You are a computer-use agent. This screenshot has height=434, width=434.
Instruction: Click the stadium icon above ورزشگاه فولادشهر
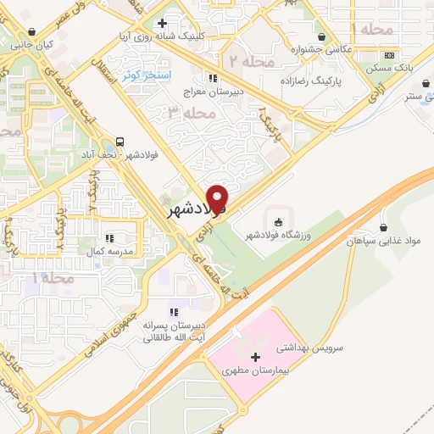point(279,221)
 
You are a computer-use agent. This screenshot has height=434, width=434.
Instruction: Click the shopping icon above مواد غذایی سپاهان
point(386,227)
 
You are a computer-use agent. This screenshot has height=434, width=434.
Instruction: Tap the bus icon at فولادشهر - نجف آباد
point(120,142)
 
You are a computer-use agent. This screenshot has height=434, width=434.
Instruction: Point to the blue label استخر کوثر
point(147,75)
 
